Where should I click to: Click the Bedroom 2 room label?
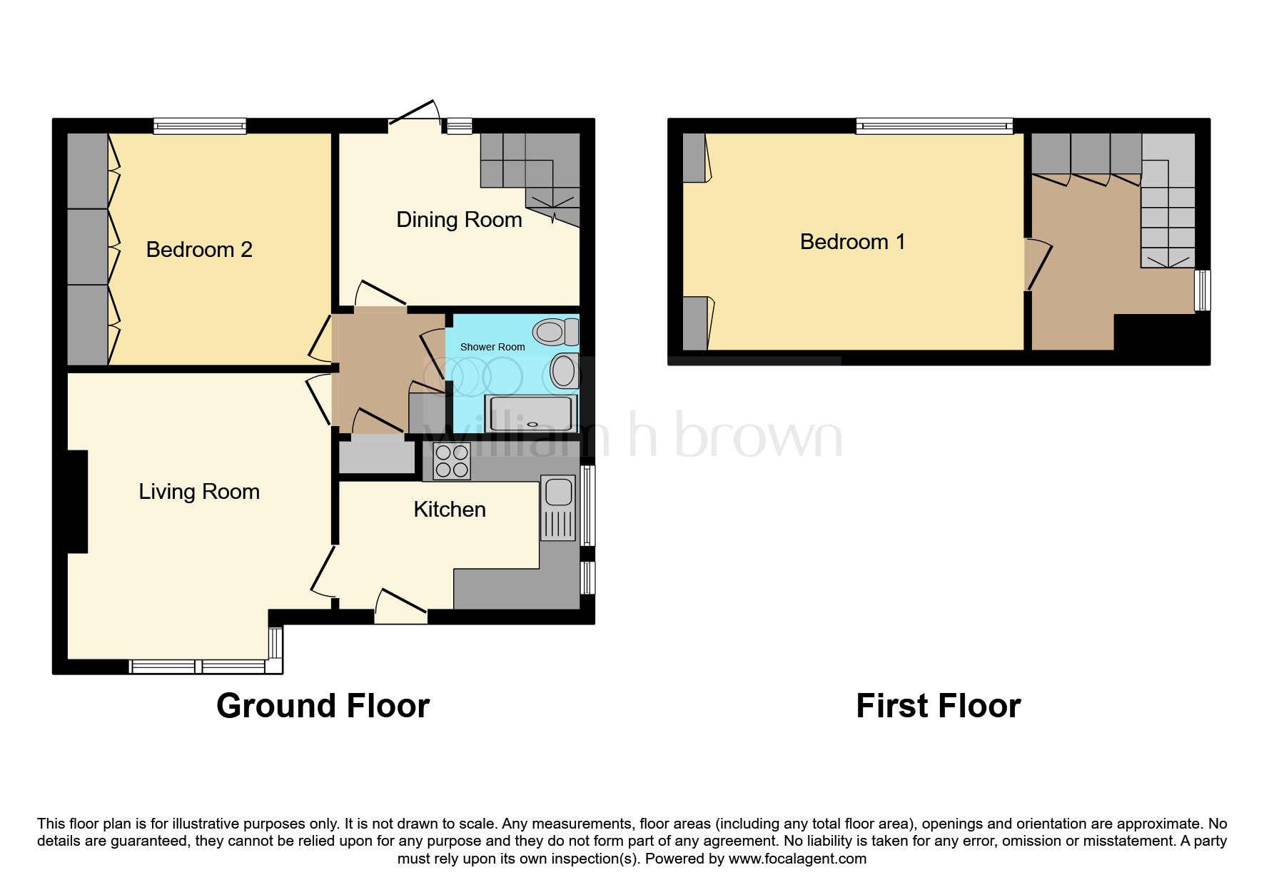click(x=199, y=249)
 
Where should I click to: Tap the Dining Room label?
click(x=459, y=220)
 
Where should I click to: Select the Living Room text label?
click(x=199, y=492)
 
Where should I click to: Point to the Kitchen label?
click(x=450, y=509)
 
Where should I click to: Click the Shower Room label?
click(x=492, y=347)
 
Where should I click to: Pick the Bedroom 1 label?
click(x=853, y=241)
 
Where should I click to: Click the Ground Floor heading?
click(x=323, y=706)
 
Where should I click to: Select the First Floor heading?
click(x=938, y=706)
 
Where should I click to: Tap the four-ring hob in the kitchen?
click(x=452, y=461)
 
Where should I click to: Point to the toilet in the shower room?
click(x=556, y=332)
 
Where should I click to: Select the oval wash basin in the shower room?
click(x=564, y=372)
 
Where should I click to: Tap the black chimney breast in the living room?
click(x=77, y=502)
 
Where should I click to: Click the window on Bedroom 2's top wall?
click(x=200, y=126)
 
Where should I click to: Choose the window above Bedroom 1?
click(x=935, y=126)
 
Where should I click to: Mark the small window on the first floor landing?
click(x=1203, y=290)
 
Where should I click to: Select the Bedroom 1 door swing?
click(x=1038, y=264)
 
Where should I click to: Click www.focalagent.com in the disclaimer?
click(x=798, y=859)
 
